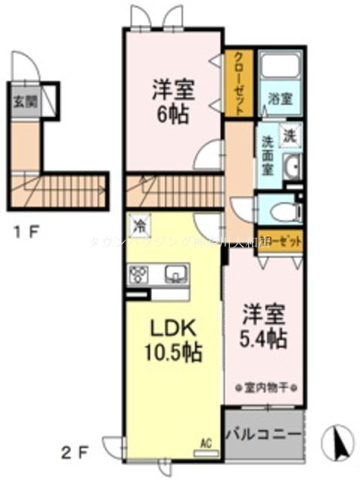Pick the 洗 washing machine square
(290, 136)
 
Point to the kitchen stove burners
(138, 274)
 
